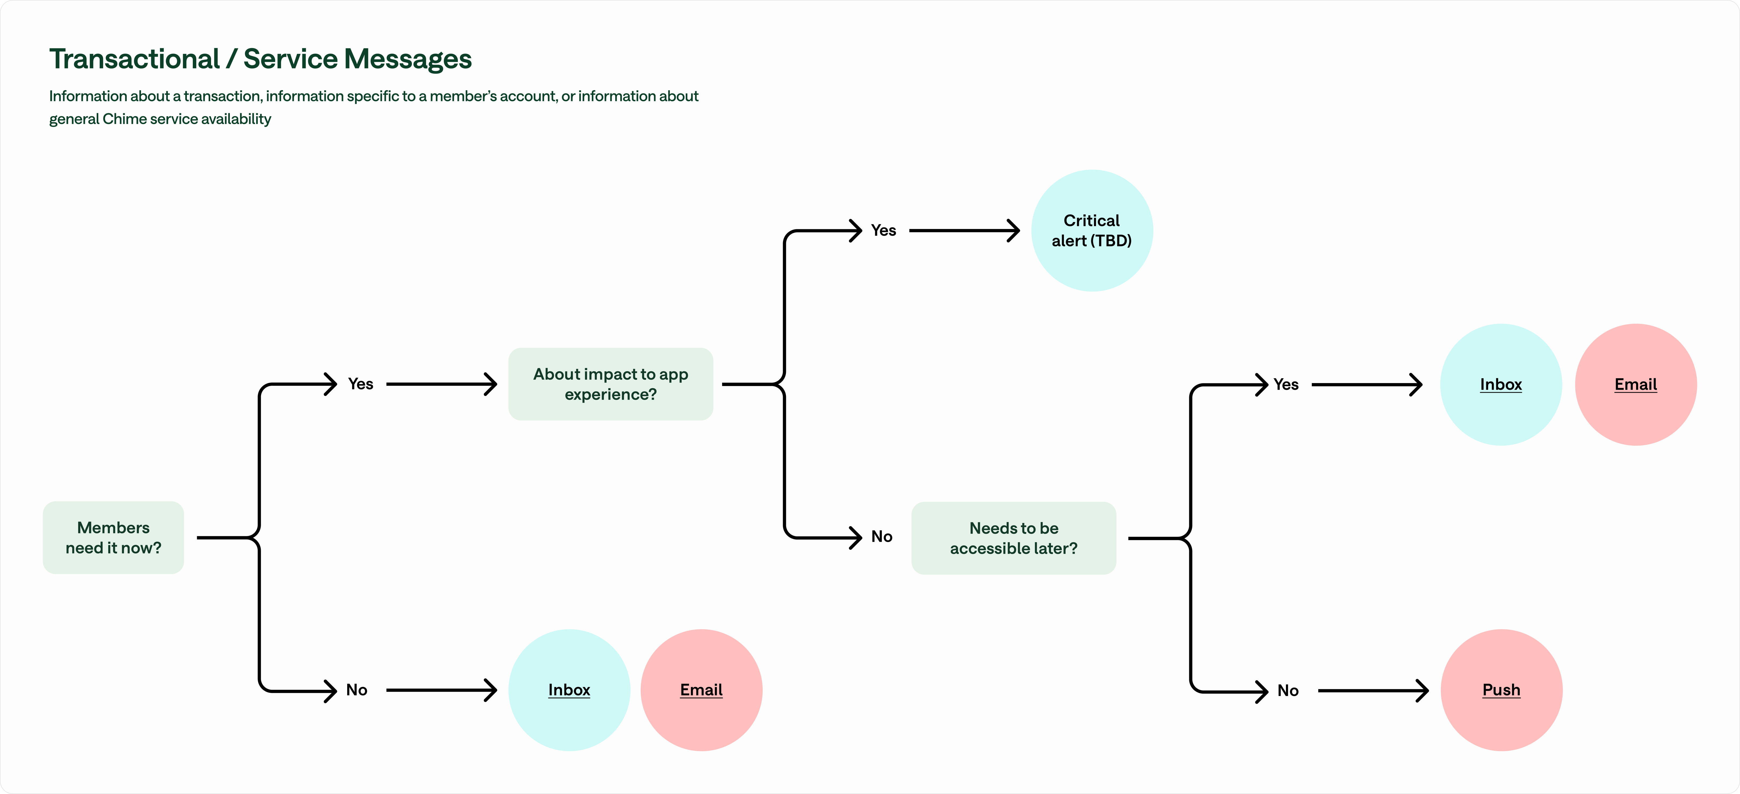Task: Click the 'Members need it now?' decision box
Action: tap(114, 537)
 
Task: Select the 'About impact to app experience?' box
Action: tap(611, 384)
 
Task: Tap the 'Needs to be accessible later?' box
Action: tap(1013, 538)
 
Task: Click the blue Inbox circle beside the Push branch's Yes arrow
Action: tap(1501, 384)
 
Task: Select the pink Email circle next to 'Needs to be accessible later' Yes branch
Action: tap(1635, 384)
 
